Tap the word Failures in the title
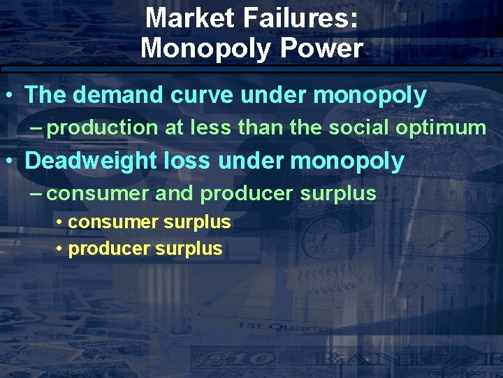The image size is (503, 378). pos(302,17)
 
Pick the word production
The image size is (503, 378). pos(103,127)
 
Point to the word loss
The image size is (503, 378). pos(191,160)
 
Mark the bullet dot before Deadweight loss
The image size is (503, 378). pos(8,162)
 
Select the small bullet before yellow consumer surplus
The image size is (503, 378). pos(61,223)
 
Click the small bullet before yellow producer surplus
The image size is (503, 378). pos(61,249)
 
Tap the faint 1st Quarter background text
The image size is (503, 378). pos(276,326)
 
